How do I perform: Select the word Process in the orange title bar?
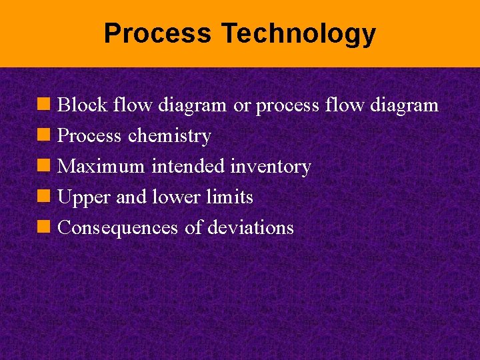point(158,33)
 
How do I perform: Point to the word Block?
point(83,105)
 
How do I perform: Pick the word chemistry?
point(169,136)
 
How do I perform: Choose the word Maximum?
point(101,167)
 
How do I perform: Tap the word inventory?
point(270,167)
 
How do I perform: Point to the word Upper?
point(84,197)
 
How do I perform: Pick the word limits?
point(230,197)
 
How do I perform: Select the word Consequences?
point(118,228)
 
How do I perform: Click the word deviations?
point(251,228)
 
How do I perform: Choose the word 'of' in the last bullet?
point(193,228)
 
